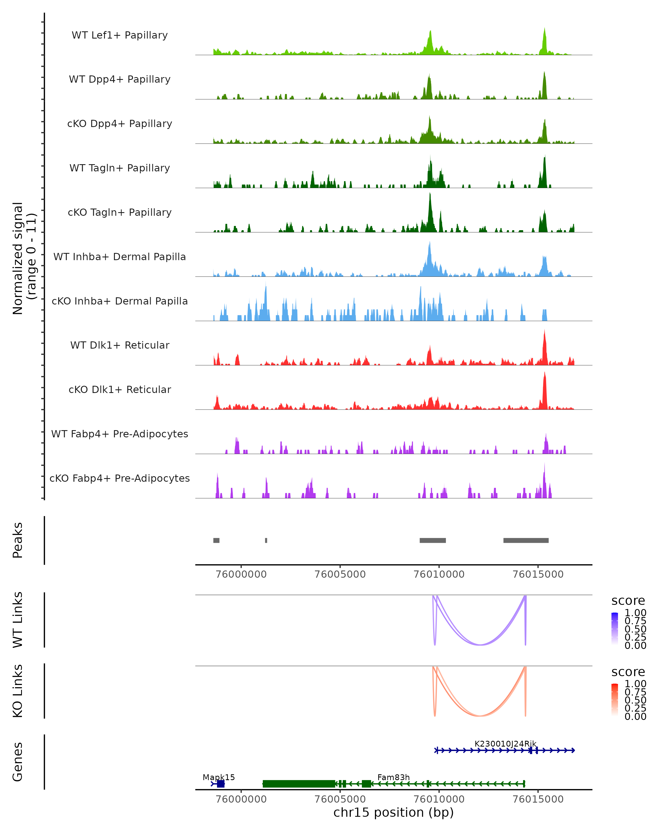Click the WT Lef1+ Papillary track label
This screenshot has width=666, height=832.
point(120,35)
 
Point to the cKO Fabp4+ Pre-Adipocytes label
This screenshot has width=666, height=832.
point(120,478)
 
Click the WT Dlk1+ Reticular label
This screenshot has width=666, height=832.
point(120,345)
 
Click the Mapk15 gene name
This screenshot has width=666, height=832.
point(218,777)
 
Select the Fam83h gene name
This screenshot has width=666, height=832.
point(393,777)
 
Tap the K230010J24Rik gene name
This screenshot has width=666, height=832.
point(505,744)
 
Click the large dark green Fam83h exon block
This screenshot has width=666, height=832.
point(299,784)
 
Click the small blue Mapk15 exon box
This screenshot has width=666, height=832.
point(220,784)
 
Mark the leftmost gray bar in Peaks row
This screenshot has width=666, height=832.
point(216,540)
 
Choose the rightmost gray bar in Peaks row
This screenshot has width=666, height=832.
point(526,540)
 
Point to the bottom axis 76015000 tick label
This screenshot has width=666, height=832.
point(538,799)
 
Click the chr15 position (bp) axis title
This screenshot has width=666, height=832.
point(393,813)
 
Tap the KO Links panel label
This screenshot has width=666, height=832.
point(18,691)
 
